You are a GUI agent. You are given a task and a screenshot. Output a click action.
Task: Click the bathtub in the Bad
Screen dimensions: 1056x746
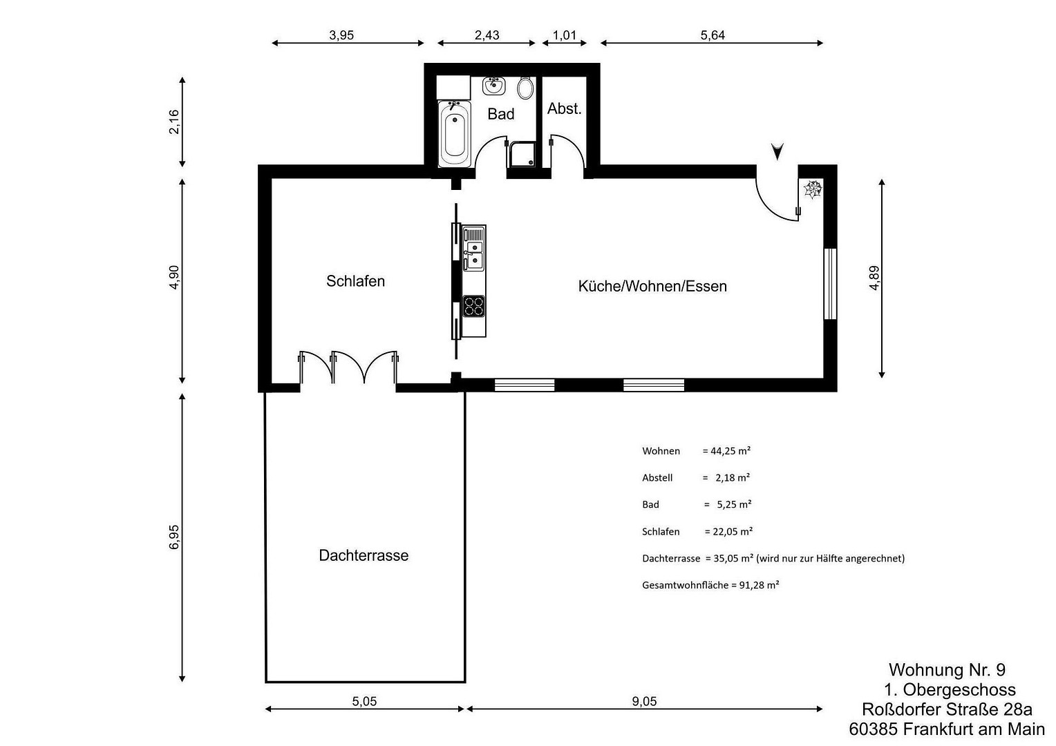click(455, 134)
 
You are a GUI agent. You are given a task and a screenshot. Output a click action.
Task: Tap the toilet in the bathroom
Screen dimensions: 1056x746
click(525, 88)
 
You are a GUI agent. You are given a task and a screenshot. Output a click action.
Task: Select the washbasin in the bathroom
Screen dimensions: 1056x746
click(493, 86)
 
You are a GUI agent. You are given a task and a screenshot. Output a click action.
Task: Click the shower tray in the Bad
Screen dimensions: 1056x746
click(522, 154)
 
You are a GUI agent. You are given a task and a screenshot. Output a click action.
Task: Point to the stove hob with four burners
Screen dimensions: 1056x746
click(474, 306)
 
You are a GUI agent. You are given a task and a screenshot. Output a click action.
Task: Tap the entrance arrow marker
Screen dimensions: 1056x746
click(777, 151)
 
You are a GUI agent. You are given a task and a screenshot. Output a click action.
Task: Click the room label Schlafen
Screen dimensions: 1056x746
click(355, 281)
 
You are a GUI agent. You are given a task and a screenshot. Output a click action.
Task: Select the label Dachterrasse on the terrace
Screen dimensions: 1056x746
click(364, 555)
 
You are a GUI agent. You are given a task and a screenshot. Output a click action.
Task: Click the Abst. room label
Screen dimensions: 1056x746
click(565, 109)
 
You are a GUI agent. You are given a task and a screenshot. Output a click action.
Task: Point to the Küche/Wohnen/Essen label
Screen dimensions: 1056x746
click(652, 286)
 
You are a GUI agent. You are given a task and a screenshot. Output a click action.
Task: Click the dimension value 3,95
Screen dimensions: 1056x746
click(341, 35)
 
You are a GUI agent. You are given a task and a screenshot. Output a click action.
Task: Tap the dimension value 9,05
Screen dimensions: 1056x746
click(644, 701)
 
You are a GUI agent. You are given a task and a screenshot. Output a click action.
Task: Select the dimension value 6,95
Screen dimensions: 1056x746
click(174, 537)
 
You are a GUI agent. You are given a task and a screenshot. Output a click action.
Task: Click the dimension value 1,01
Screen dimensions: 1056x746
click(565, 35)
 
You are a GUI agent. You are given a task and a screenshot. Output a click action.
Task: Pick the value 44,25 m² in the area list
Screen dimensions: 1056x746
click(730, 450)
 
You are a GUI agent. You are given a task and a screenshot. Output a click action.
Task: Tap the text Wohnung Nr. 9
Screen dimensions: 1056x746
click(947, 669)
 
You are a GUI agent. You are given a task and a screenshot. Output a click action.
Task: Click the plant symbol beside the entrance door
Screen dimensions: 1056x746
click(813, 189)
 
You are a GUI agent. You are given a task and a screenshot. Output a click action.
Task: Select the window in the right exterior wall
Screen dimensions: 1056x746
click(830, 284)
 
